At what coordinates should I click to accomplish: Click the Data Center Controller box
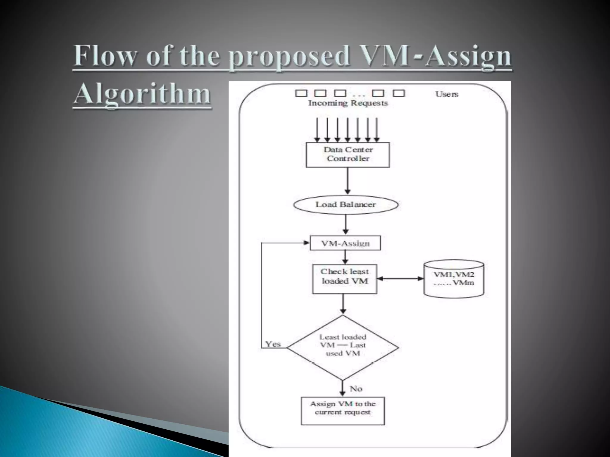[x=348, y=154]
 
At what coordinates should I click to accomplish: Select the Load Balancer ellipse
[x=346, y=205]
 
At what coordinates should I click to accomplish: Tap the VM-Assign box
[x=345, y=243]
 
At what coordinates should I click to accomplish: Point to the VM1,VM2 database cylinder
[x=454, y=279]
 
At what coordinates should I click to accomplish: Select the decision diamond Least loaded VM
[x=343, y=347]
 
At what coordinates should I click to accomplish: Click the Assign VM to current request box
[x=343, y=411]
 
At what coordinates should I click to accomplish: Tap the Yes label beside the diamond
[x=273, y=344]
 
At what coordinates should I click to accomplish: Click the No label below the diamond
[x=356, y=389]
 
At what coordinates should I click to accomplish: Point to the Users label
[x=446, y=94]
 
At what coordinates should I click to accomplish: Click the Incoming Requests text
[x=348, y=103]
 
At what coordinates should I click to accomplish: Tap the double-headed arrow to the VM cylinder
[x=400, y=279]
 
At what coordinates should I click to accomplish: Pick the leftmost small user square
[x=301, y=93]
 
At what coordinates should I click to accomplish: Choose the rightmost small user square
[x=399, y=93]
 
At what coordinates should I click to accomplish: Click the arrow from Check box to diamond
[x=343, y=303]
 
